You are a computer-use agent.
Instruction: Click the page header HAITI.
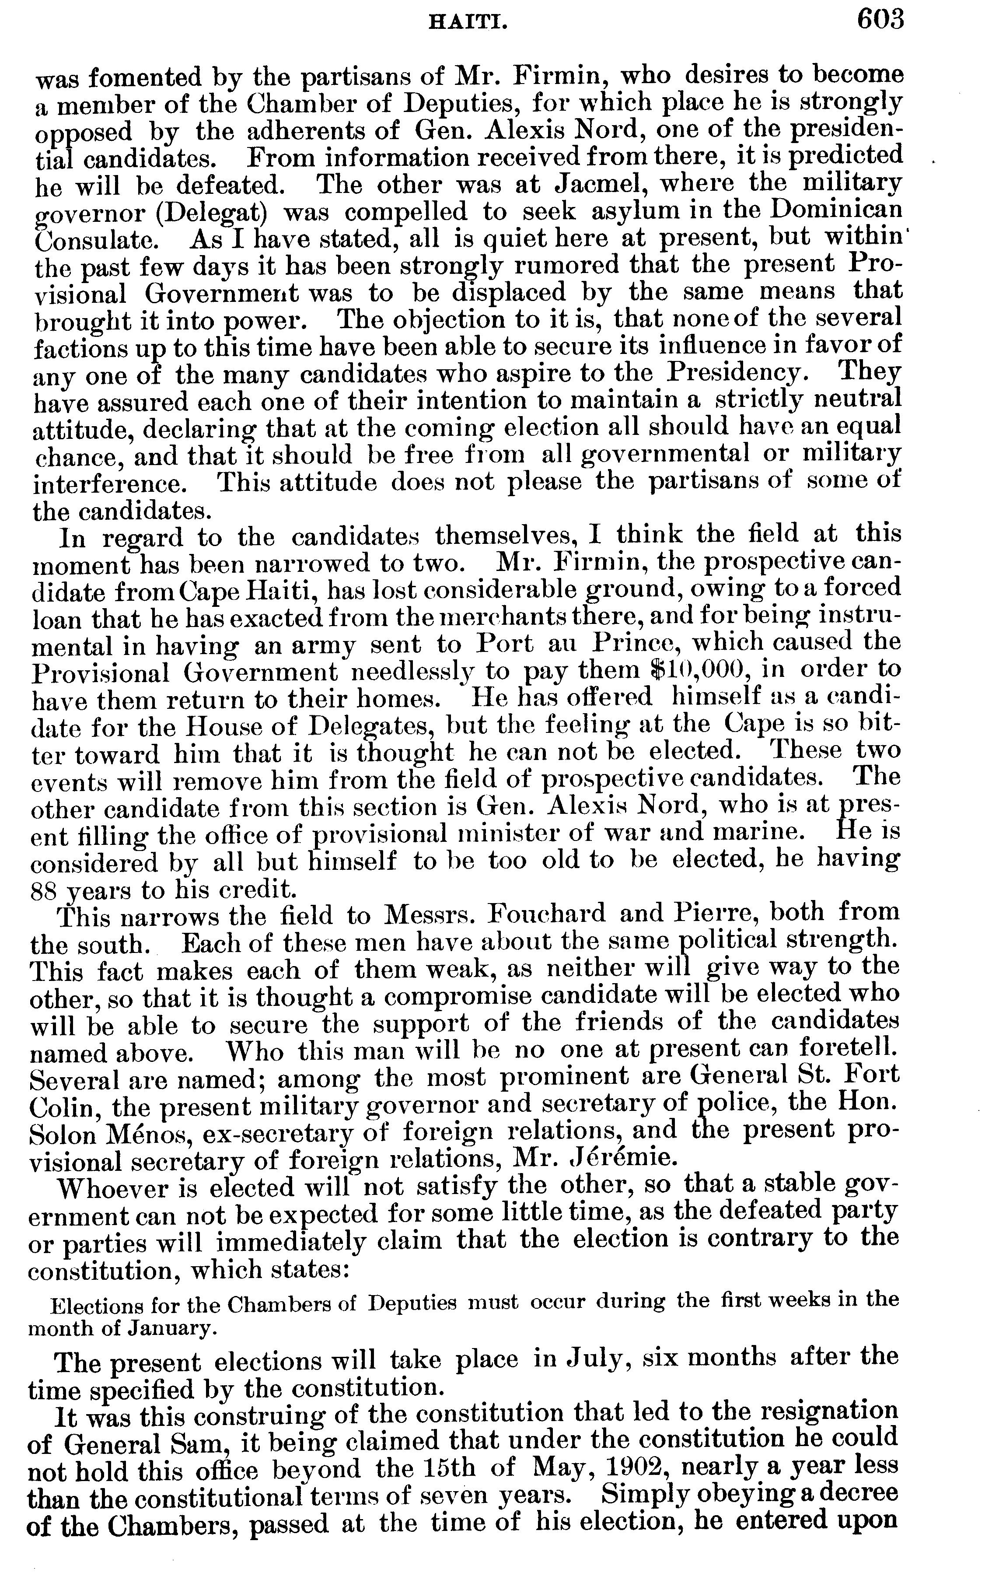tap(468, 24)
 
